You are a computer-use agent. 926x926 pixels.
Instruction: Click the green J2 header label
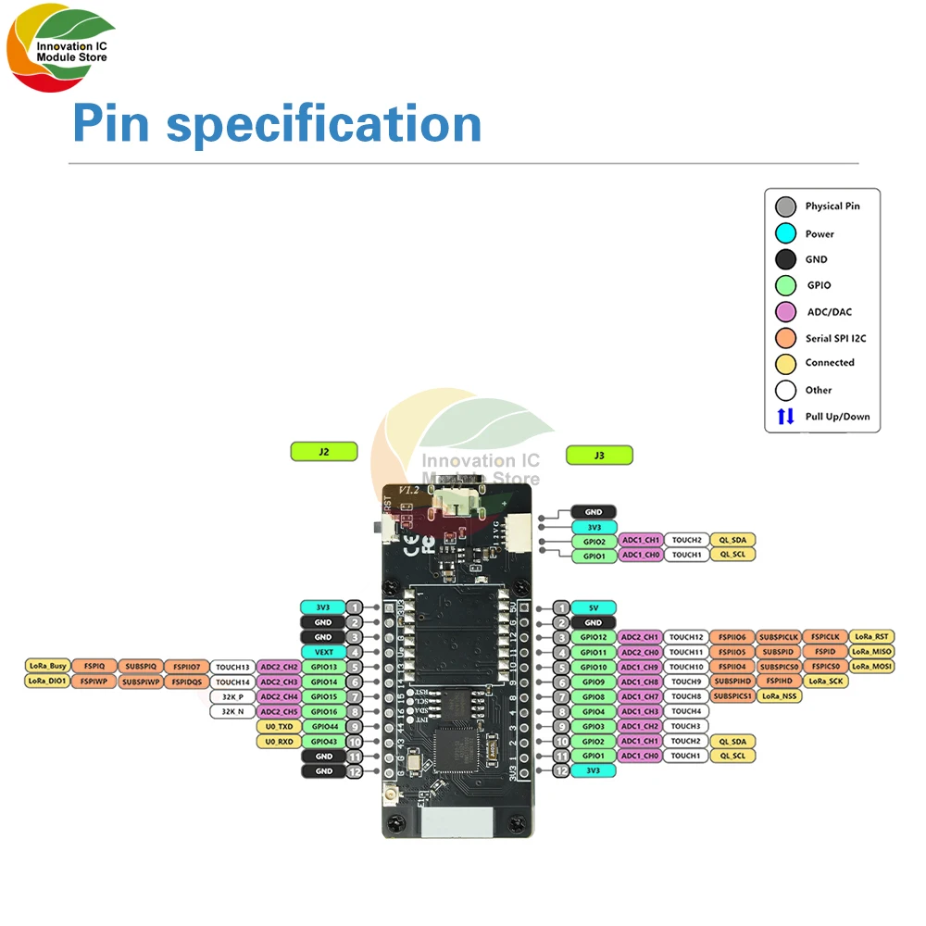[323, 453]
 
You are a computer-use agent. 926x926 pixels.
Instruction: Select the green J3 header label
[599, 455]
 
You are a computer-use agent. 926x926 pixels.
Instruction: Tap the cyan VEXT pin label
[323, 652]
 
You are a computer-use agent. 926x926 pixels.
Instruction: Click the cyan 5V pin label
[593, 607]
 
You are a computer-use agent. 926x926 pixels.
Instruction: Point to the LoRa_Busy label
[47, 667]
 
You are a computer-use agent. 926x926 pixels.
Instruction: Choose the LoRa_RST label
[871, 637]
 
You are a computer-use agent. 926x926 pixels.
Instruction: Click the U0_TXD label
[279, 727]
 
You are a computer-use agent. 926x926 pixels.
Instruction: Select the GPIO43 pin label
[323, 742]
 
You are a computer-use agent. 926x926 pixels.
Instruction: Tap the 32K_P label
[233, 696]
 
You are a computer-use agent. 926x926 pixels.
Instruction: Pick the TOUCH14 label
[233, 682]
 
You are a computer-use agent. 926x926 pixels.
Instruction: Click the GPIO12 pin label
[593, 637]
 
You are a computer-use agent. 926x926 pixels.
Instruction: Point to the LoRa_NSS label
[780, 696]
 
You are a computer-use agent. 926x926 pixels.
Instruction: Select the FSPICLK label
[825, 637]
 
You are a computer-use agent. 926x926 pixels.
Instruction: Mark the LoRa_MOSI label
[871, 667]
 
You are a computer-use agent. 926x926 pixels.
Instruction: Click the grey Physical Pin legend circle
[785, 206]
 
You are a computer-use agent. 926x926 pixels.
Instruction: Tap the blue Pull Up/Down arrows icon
[785, 417]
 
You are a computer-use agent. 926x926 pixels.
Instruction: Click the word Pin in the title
[110, 124]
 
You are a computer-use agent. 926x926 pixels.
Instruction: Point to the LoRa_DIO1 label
[47, 682]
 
